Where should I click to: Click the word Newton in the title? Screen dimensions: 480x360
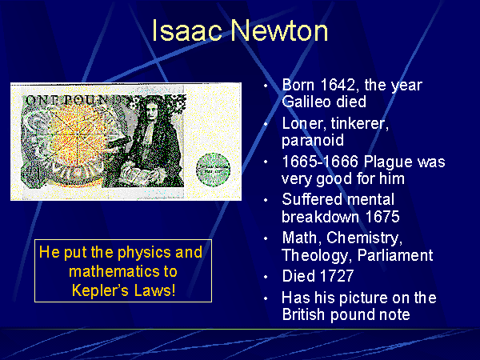click(x=279, y=30)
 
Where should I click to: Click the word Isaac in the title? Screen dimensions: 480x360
click(x=186, y=30)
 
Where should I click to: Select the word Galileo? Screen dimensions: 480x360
click(x=306, y=102)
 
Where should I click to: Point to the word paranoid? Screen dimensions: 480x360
click(x=313, y=141)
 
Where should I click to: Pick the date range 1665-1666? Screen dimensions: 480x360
click(x=320, y=162)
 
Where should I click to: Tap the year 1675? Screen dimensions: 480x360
click(x=382, y=217)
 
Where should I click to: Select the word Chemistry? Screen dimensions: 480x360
click(x=364, y=238)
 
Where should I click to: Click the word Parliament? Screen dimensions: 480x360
click(x=395, y=255)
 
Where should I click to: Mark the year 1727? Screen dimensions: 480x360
click(x=337, y=276)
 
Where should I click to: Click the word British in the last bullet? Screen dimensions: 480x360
click(x=303, y=314)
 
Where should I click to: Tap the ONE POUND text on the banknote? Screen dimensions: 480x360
click(x=73, y=100)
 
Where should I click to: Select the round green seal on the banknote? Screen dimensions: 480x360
click(x=213, y=170)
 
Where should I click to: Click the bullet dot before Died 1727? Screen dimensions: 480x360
click(x=266, y=277)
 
